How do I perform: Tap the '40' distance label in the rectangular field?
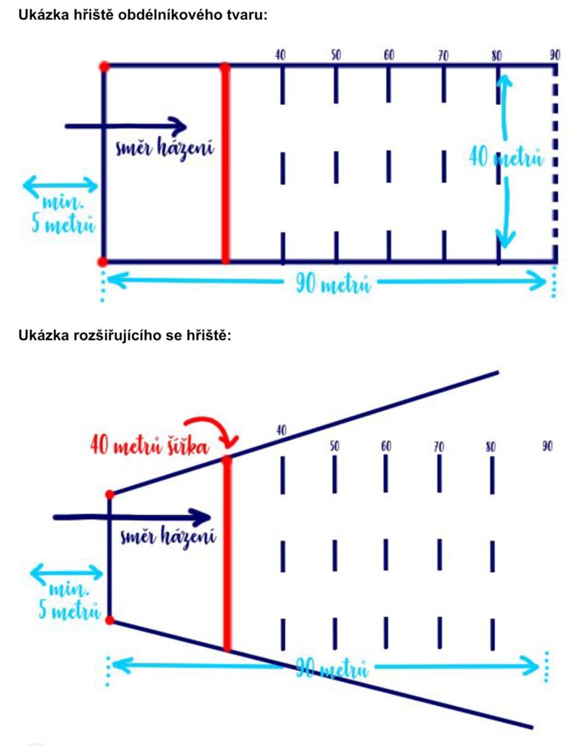pyautogui.click(x=281, y=55)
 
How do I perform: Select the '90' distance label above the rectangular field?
pyautogui.click(x=555, y=55)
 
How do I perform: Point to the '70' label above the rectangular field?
pyautogui.click(x=443, y=55)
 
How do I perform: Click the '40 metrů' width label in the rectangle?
pyautogui.click(x=506, y=157)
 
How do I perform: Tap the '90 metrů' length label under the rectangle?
pyautogui.click(x=333, y=284)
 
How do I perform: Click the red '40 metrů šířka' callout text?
pyautogui.click(x=149, y=447)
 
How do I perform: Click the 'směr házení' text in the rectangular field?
pyautogui.click(x=165, y=149)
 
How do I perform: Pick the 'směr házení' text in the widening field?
pyautogui.click(x=168, y=536)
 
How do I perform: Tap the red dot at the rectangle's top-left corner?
pyautogui.click(x=104, y=66)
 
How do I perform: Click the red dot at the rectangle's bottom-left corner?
pyautogui.click(x=102, y=262)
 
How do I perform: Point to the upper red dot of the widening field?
pyautogui.click(x=110, y=495)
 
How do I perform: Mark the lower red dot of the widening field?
pyautogui.click(x=110, y=620)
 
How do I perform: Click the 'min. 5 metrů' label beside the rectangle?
pyautogui.click(x=63, y=213)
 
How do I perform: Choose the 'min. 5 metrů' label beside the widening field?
pyautogui.click(x=69, y=600)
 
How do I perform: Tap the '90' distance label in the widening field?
pyautogui.click(x=547, y=447)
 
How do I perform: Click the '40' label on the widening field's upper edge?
pyautogui.click(x=281, y=431)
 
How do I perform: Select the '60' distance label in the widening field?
pyautogui.click(x=386, y=447)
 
